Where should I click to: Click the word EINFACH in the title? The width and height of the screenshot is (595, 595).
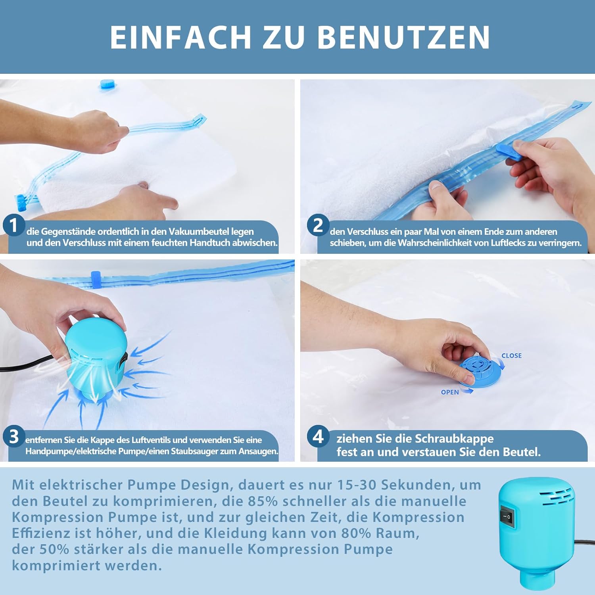(180, 37)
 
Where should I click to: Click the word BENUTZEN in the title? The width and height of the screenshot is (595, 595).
(404, 37)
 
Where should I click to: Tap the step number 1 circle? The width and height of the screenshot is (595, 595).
(14, 225)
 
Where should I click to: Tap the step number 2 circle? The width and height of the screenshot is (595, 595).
(318, 225)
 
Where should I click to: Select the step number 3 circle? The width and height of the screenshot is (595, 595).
(14, 437)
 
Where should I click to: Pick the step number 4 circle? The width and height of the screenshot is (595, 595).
(318, 437)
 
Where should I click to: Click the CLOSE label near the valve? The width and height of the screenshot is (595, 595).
(511, 356)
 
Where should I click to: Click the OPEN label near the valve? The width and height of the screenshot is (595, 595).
(450, 392)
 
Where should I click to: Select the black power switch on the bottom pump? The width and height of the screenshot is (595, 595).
(507, 517)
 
